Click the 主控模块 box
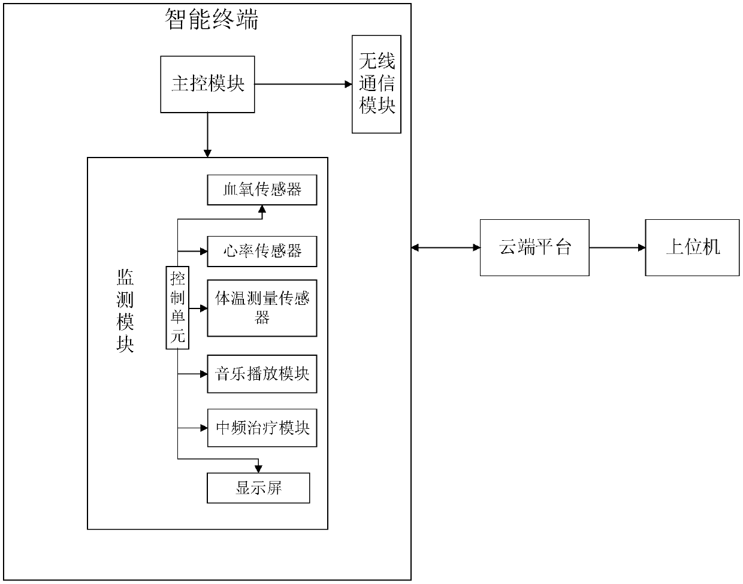(207, 84)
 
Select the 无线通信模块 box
(376, 84)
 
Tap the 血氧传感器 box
(262, 190)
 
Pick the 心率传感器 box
(262, 251)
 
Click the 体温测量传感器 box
(262, 307)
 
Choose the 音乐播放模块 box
(262, 374)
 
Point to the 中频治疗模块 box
(262, 428)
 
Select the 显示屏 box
(258, 488)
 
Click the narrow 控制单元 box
(177, 307)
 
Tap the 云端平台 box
(534, 247)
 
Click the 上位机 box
(692, 247)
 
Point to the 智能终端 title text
(212, 20)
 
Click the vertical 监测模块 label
(125, 310)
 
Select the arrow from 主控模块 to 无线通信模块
(303, 84)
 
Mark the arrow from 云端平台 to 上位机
(617, 247)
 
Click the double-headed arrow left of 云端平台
(446, 247)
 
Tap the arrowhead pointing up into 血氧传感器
(261, 209)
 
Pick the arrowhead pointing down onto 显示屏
(258, 468)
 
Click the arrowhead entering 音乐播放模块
(203, 374)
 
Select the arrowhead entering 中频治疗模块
(203, 428)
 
